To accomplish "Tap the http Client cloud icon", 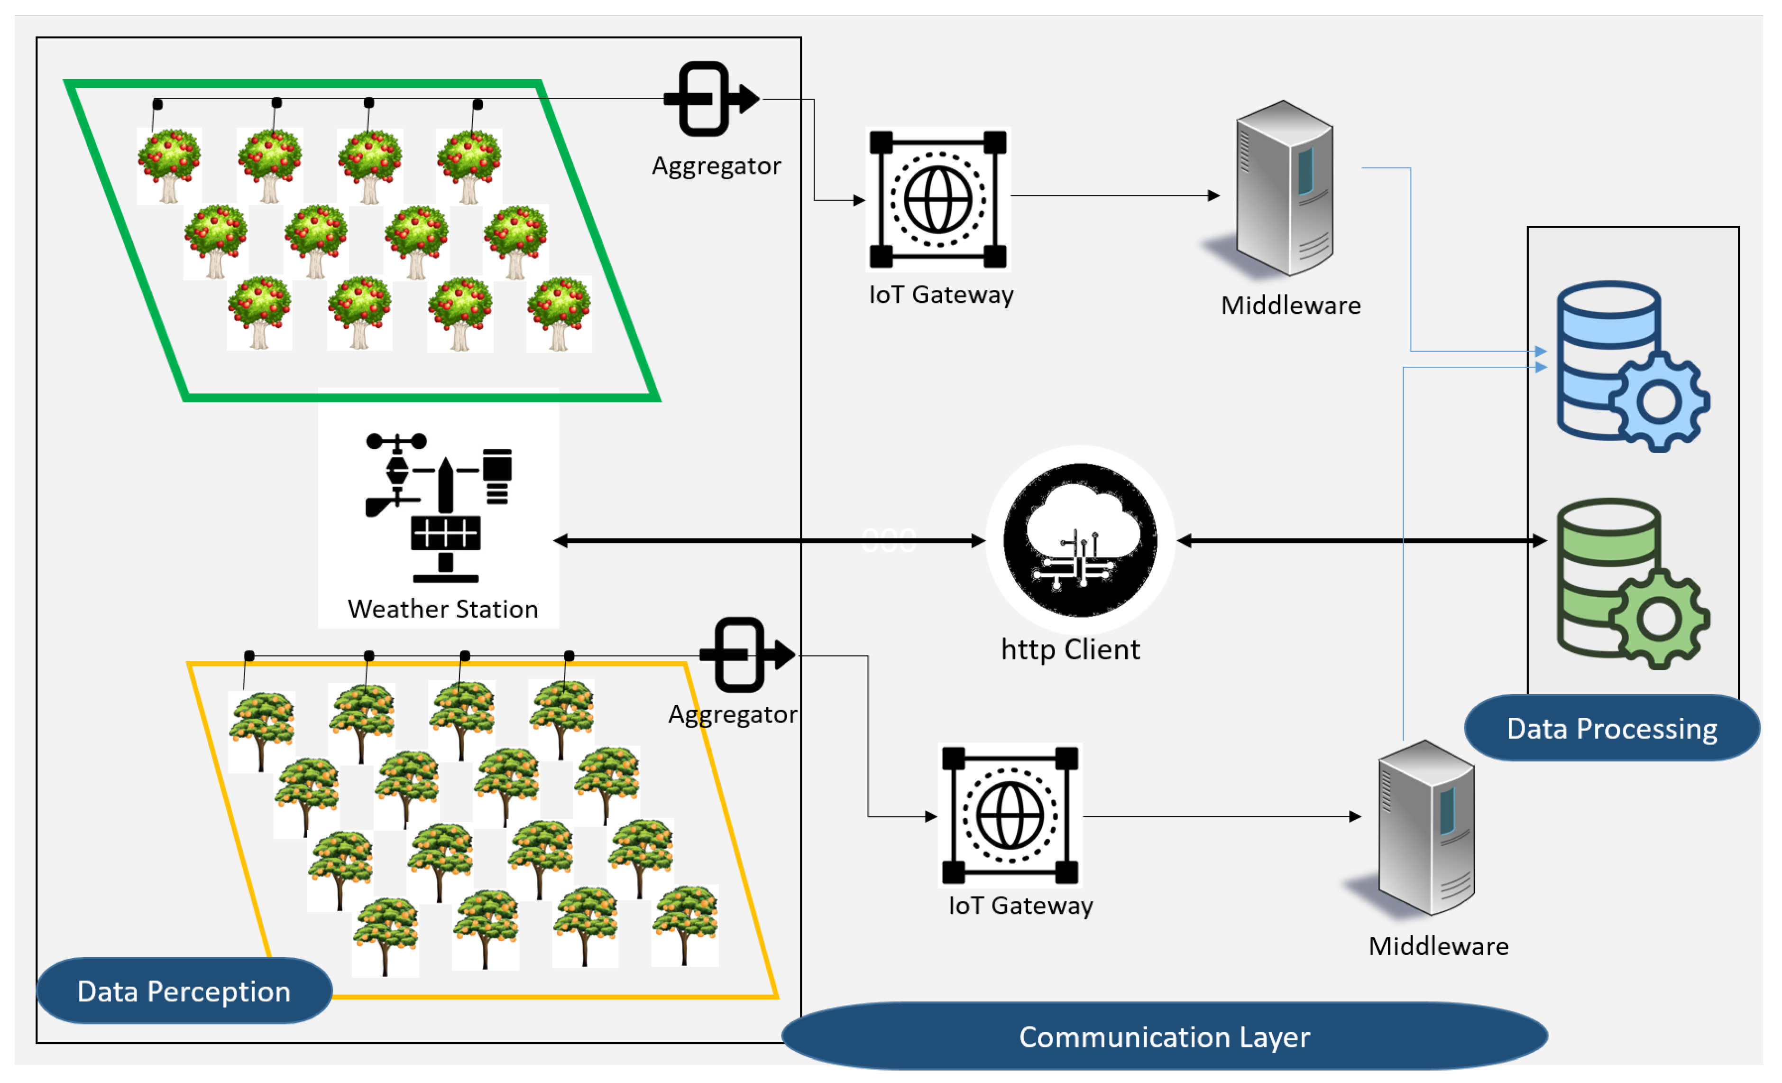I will pos(1081,540).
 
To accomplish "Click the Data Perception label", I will pos(184,990).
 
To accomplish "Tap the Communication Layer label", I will pos(1164,1037).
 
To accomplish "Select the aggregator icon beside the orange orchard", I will pos(745,655).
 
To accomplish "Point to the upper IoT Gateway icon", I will pos(938,199).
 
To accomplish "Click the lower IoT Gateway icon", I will pos(1010,815).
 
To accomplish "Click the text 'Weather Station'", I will pos(442,609).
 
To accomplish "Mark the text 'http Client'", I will pos(1070,649).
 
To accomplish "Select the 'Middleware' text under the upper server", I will pos(1291,305).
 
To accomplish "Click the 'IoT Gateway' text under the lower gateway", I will pos(1020,906).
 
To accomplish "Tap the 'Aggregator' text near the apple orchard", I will pos(716,166).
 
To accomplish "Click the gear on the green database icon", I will pos(1659,619).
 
